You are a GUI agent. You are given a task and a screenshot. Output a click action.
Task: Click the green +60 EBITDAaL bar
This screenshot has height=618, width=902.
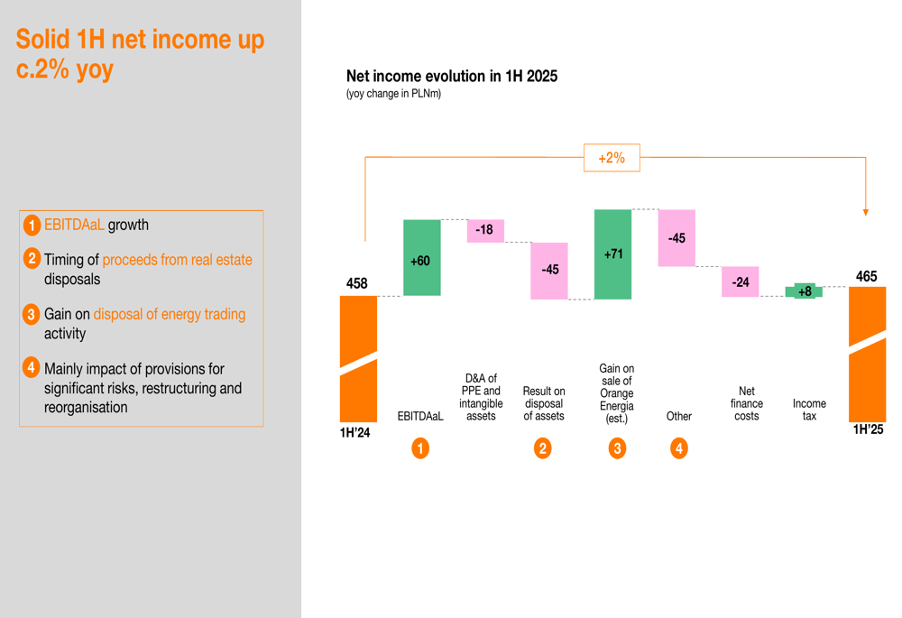pos(421,257)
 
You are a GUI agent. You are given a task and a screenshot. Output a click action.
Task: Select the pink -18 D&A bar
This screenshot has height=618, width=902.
pos(485,230)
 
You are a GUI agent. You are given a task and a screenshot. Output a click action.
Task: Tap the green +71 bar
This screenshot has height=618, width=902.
pos(612,254)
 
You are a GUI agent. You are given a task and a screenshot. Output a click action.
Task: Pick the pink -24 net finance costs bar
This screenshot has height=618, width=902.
pos(740,281)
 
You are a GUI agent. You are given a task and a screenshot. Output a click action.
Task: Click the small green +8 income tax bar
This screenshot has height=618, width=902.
pos(804,291)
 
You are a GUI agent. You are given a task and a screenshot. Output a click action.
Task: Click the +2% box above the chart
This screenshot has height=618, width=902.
pos(612,158)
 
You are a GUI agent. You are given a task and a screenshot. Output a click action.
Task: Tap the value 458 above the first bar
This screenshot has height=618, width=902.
pos(357,283)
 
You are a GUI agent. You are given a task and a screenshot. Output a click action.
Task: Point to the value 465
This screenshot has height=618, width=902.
pos(866,276)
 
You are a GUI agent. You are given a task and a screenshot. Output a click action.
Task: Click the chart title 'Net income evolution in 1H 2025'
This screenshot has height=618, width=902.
pos(451,77)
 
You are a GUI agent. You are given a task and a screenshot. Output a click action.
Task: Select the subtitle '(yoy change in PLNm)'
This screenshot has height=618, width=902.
pos(393,94)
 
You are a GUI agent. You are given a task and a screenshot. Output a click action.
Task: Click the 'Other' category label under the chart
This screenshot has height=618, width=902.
pos(678,416)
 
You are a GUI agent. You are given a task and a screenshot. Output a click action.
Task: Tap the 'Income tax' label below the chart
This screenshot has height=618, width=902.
pos(809,410)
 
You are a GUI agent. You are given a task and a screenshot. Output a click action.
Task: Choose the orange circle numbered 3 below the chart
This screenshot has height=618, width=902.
pos(617,447)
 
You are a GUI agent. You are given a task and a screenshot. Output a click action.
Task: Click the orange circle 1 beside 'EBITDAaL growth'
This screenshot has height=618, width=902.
pos(32,226)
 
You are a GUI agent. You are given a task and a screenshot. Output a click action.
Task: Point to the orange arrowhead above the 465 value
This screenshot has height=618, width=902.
pos(866,212)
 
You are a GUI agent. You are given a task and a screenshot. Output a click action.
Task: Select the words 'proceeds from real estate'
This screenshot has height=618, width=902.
pos(177,260)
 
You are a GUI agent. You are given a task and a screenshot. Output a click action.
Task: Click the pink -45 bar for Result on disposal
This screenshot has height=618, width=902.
pos(549,270)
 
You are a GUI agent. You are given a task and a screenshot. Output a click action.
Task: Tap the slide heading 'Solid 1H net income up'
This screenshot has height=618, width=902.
pos(140,40)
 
